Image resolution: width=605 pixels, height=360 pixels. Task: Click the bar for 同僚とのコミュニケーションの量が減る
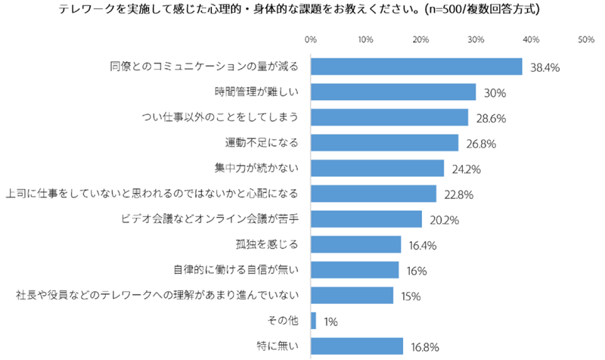416,67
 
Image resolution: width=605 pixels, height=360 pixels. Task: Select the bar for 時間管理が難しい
393,92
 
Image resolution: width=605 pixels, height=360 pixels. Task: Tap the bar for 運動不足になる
384,143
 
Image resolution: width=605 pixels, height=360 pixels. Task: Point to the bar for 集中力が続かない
377,169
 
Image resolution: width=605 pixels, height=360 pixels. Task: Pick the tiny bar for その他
313,321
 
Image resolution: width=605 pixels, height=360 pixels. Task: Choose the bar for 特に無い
357,346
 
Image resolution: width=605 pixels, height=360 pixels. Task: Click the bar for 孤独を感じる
355,244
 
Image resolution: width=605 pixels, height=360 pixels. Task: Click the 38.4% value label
544,67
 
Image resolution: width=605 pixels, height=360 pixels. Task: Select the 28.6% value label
491,118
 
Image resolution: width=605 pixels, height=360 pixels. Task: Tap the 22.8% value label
458,194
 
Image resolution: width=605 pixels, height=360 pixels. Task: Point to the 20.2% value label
444,220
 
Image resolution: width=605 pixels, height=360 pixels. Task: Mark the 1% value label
330,321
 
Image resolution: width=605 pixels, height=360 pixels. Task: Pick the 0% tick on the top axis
310,38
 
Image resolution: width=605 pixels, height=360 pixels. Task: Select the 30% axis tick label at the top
476,38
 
